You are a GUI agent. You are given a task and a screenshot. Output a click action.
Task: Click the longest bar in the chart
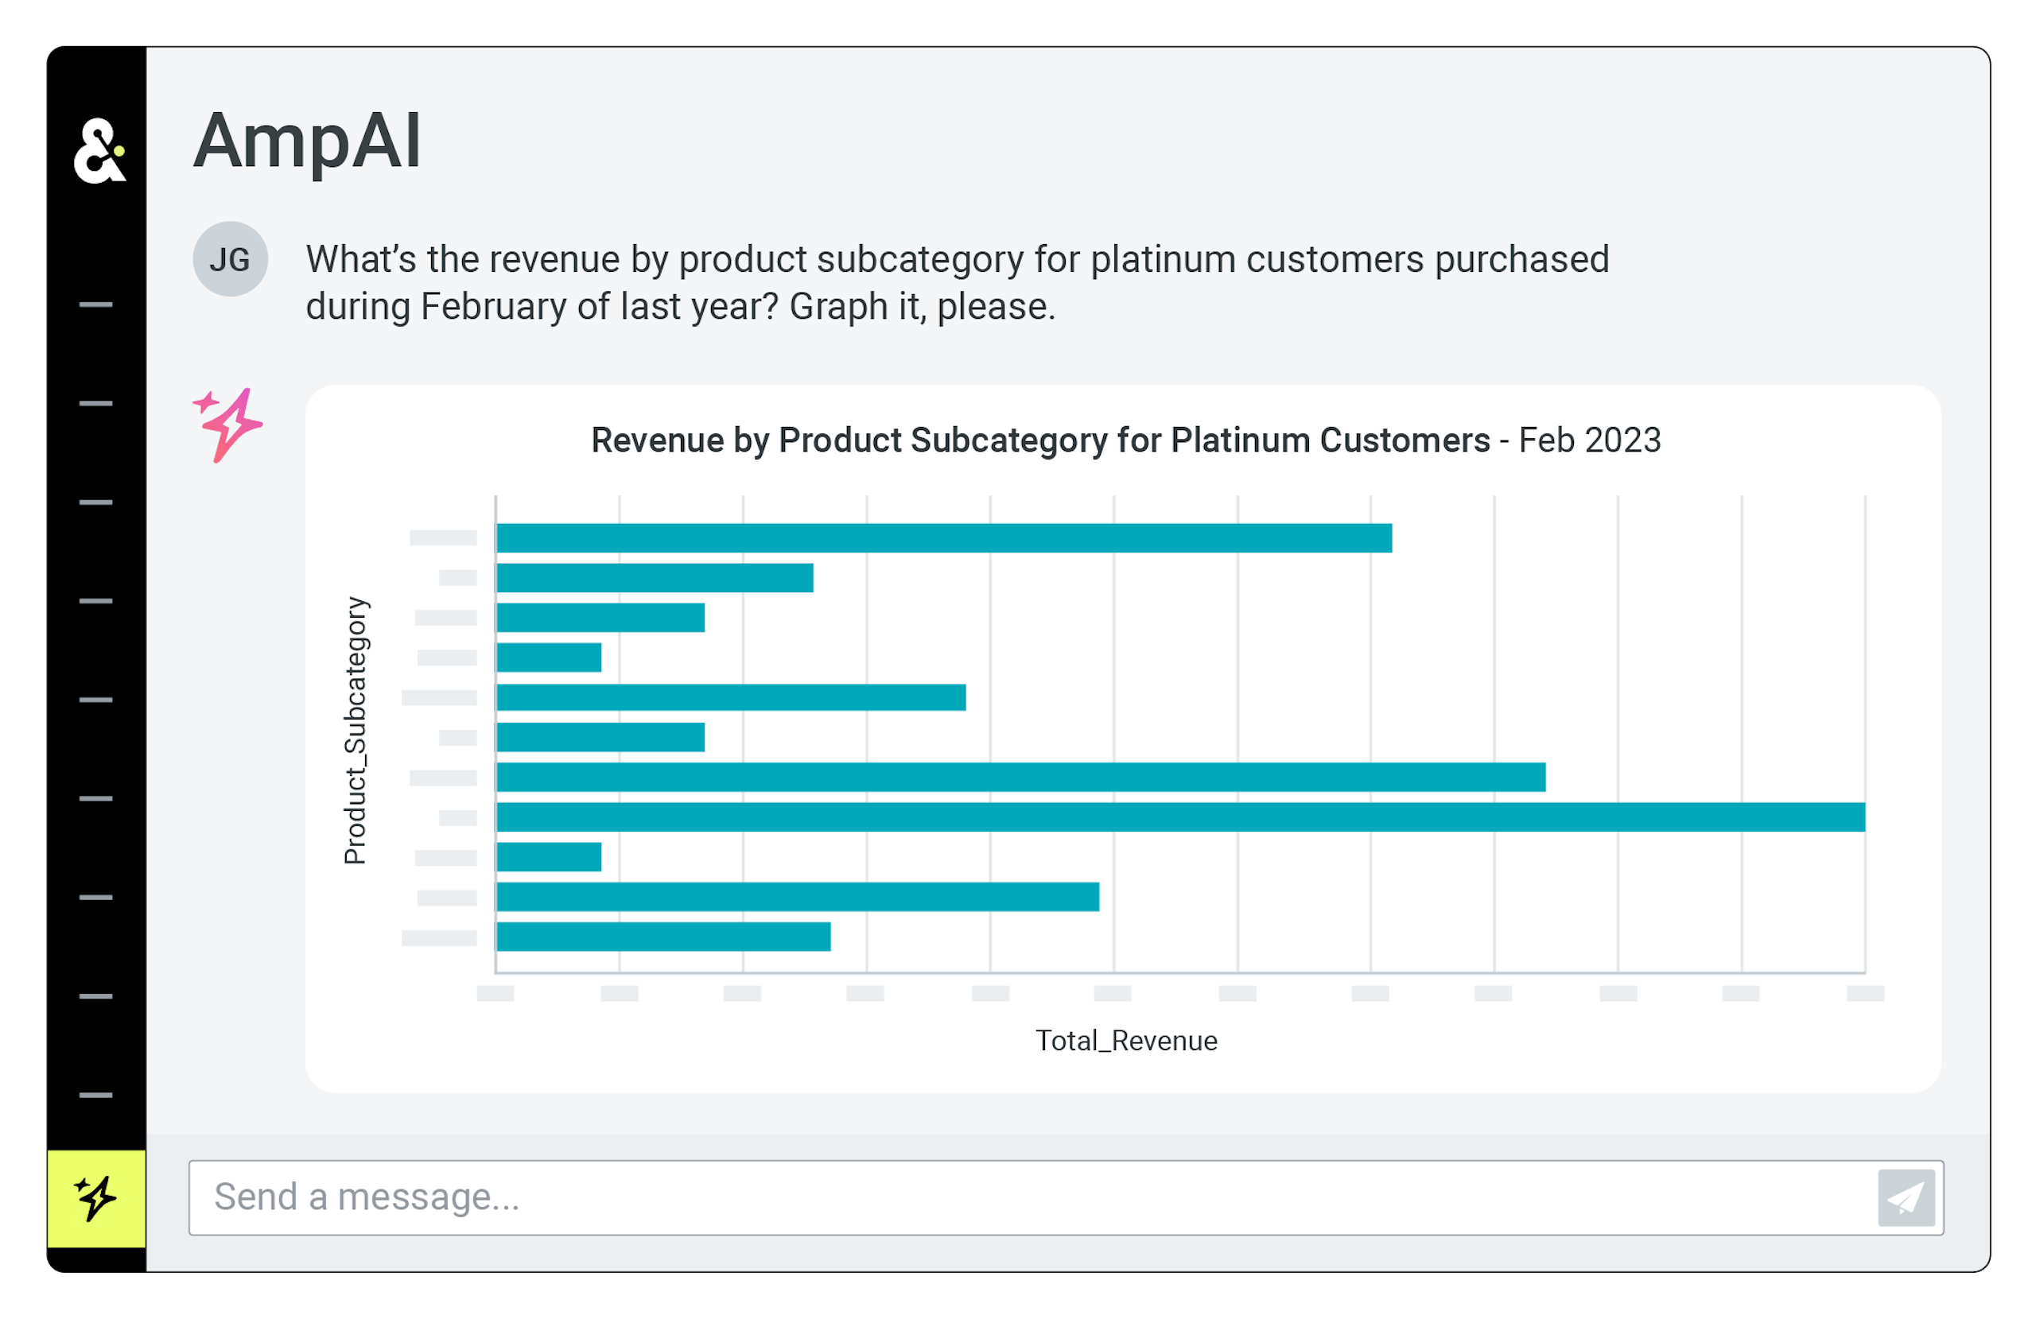click(1180, 817)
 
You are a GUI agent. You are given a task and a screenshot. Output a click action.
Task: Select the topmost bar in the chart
click(943, 538)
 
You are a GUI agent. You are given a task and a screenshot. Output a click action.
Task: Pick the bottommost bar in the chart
click(663, 937)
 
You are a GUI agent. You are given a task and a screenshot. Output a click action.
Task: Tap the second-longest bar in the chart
click(1020, 777)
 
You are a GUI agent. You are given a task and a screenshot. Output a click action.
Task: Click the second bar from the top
click(655, 578)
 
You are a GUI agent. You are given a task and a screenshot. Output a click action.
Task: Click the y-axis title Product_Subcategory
click(355, 731)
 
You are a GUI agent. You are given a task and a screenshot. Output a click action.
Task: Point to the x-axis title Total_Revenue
click(1126, 1041)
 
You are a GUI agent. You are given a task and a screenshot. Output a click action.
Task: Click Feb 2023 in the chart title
click(1590, 440)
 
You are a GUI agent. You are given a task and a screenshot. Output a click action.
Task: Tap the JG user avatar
click(230, 259)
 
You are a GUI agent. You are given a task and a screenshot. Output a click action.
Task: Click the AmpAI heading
click(307, 142)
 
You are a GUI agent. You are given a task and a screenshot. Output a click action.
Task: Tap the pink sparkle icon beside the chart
click(227, 425)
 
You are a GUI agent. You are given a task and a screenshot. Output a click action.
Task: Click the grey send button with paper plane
click(1906, 1197)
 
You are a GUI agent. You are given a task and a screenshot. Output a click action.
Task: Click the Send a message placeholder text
click(366, 1197)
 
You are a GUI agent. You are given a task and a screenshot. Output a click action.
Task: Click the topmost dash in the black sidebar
click(95, 305)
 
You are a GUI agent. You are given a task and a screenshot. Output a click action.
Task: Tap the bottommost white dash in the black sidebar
click(95, 1095)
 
